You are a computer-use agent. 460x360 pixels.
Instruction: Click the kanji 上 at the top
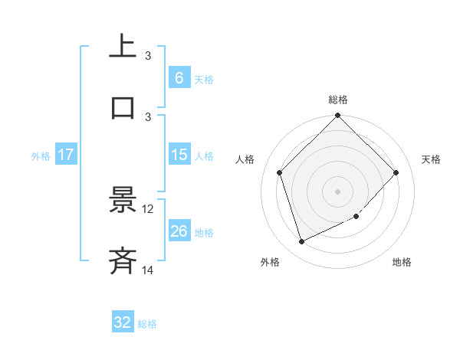click(x=123, y=46)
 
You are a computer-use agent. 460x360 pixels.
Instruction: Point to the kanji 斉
click(x=123, y=260)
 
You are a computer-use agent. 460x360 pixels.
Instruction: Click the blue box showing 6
click(x=179, y=77)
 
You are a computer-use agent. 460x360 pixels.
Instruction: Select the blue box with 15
click(x=179, y=155)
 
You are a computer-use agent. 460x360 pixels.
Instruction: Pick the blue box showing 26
click(x=179, y=231)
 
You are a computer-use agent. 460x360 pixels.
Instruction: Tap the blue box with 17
click(x=66, y=155)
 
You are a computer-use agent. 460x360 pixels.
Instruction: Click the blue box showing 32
click(x=123, y=322)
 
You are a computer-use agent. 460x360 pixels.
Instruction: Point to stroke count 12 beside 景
click(x=148, y=208)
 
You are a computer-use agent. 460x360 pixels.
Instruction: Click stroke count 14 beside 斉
click(x=148, y=270)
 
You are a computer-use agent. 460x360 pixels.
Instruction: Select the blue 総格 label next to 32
click(x=147, y=324)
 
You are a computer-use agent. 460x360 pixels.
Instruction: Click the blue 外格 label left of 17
click(x=41, y=155)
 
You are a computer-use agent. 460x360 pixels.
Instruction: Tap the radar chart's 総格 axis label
click(x=338, y=100)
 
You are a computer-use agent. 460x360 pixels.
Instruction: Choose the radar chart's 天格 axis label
click(x=432, y=159)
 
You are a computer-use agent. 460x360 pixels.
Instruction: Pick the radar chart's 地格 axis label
click(x=402, y=263)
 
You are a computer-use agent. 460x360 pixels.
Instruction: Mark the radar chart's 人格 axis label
click(x=245, y=159)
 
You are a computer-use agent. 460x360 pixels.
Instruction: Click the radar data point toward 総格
click(x=338, y=116)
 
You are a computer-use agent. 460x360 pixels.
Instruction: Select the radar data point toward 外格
click(x=301, y=241)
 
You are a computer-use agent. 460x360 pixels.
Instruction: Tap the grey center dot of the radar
click(x=338, y=191)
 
